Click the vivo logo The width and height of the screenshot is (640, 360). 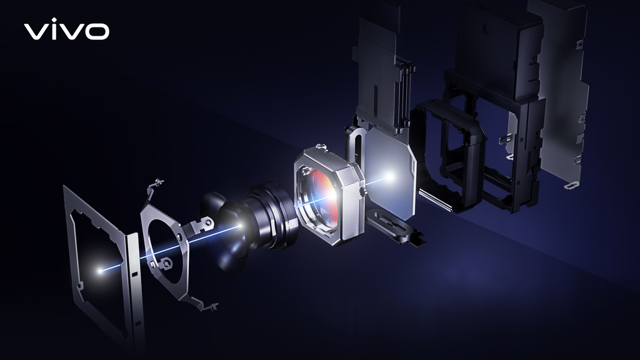(x=66, y=31)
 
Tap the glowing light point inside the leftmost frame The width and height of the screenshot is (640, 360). (x=101, y=271)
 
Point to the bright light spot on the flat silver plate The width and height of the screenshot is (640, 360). (x=389, y=177)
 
